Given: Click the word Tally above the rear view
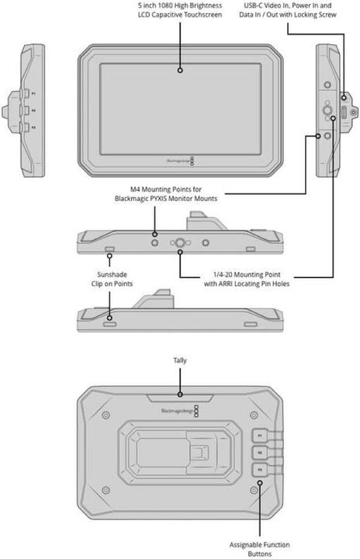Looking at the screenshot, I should tap(180, 361).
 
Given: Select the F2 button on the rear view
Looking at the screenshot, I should tap(261, 451).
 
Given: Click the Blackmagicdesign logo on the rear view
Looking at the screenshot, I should tap(178, 409).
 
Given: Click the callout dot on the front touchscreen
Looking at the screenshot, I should tap(180, 70).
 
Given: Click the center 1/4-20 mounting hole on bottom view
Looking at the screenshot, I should tap(180, 243).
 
